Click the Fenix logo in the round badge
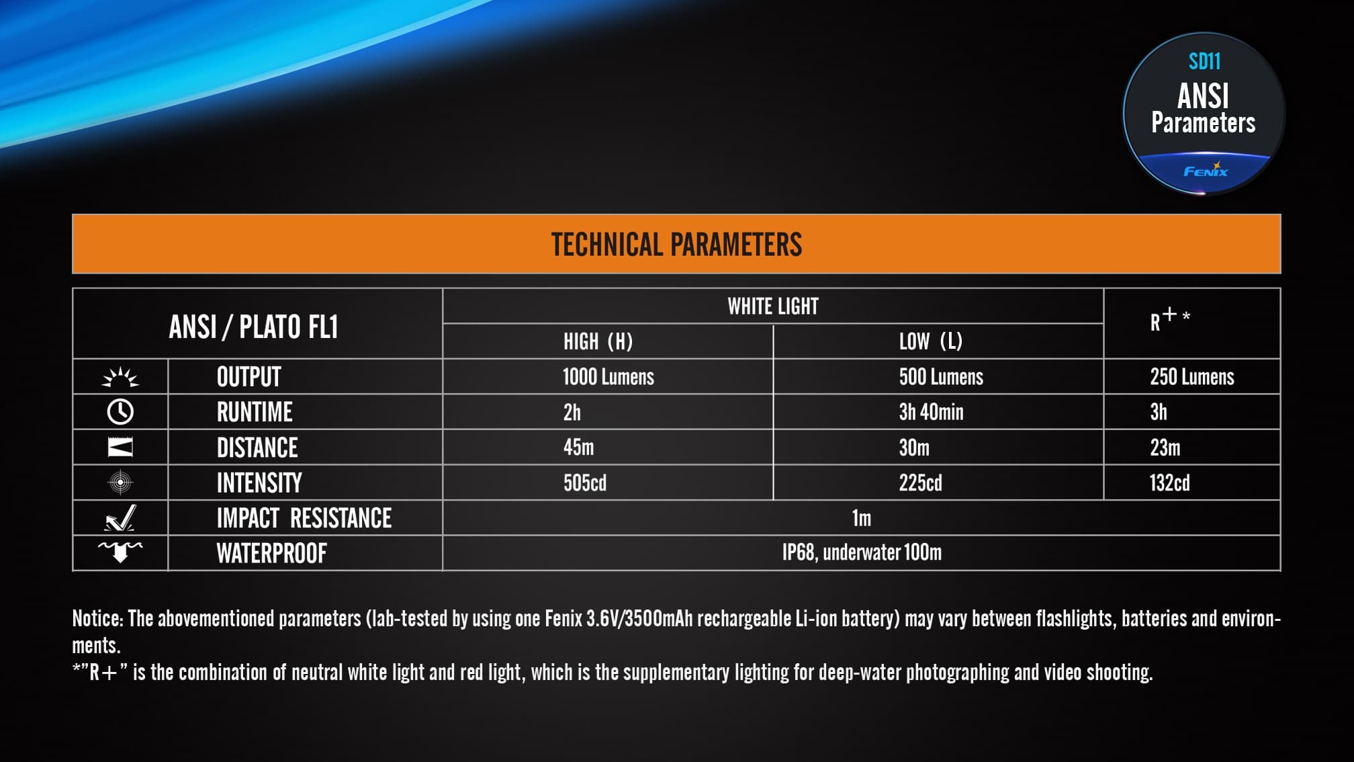1206,170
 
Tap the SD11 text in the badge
1204,62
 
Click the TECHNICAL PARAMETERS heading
676,245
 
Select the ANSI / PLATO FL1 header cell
253,327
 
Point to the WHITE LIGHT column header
773,306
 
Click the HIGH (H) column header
598,341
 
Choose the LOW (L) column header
931,341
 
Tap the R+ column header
1169,320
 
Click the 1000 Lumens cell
608,377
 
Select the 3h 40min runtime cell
931,412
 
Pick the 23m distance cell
1165,448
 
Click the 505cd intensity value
584,482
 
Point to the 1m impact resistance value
861,518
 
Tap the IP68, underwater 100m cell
862,552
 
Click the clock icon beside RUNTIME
120,412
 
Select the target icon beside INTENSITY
120,482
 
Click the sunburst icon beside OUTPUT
120,377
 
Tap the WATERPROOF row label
271,554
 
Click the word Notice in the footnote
97,618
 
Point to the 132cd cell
1169,482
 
